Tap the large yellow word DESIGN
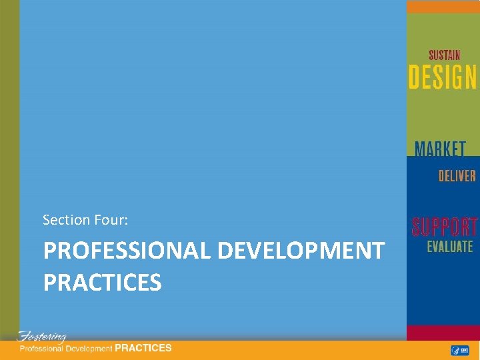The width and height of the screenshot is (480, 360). (x=443, y=77)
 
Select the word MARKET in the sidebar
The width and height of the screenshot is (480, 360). (x=440, y=149)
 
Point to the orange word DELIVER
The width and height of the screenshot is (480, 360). (x=457, y=176)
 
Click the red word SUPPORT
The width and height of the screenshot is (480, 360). (x=444, y=227)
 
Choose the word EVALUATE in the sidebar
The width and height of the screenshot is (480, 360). (x=450, y=247)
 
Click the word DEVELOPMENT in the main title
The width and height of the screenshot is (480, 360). (x=301, y=251)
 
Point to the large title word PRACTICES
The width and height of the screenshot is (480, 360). (x=103, y=282)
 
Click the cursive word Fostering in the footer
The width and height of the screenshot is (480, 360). (x=42, y=336)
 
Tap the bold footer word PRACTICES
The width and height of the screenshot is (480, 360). (x=143, y=348)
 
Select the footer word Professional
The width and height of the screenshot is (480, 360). (x=43, y=349)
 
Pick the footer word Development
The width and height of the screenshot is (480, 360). (x=90, y=349)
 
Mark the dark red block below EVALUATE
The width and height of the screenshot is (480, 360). (x=443, y=333)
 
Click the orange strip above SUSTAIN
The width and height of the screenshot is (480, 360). (x=443, y=7)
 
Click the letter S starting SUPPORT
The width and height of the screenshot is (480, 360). (x=417, y=227)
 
